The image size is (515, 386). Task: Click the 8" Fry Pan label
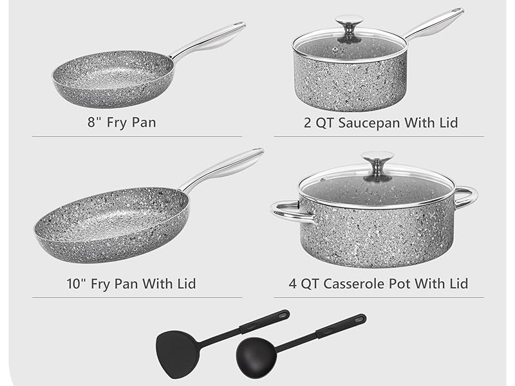tap(122, 122)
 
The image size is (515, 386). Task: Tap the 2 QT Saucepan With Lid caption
tap(380, 122)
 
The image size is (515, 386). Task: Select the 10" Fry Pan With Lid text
tap(131, 283)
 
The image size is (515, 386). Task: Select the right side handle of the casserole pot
tap(466, 196)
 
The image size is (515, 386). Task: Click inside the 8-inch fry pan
tap(113, 78)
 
